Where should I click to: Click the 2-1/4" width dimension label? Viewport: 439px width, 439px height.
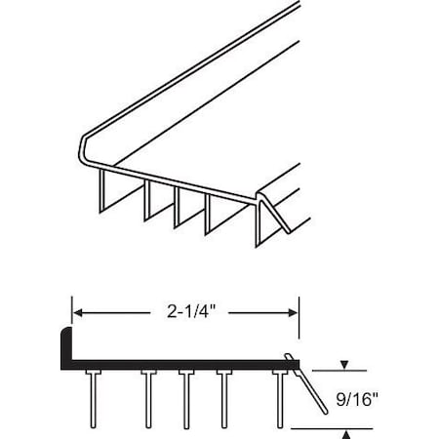(x=185, y=313)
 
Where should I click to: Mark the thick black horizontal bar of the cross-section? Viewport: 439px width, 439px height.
(x=176, y=365)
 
